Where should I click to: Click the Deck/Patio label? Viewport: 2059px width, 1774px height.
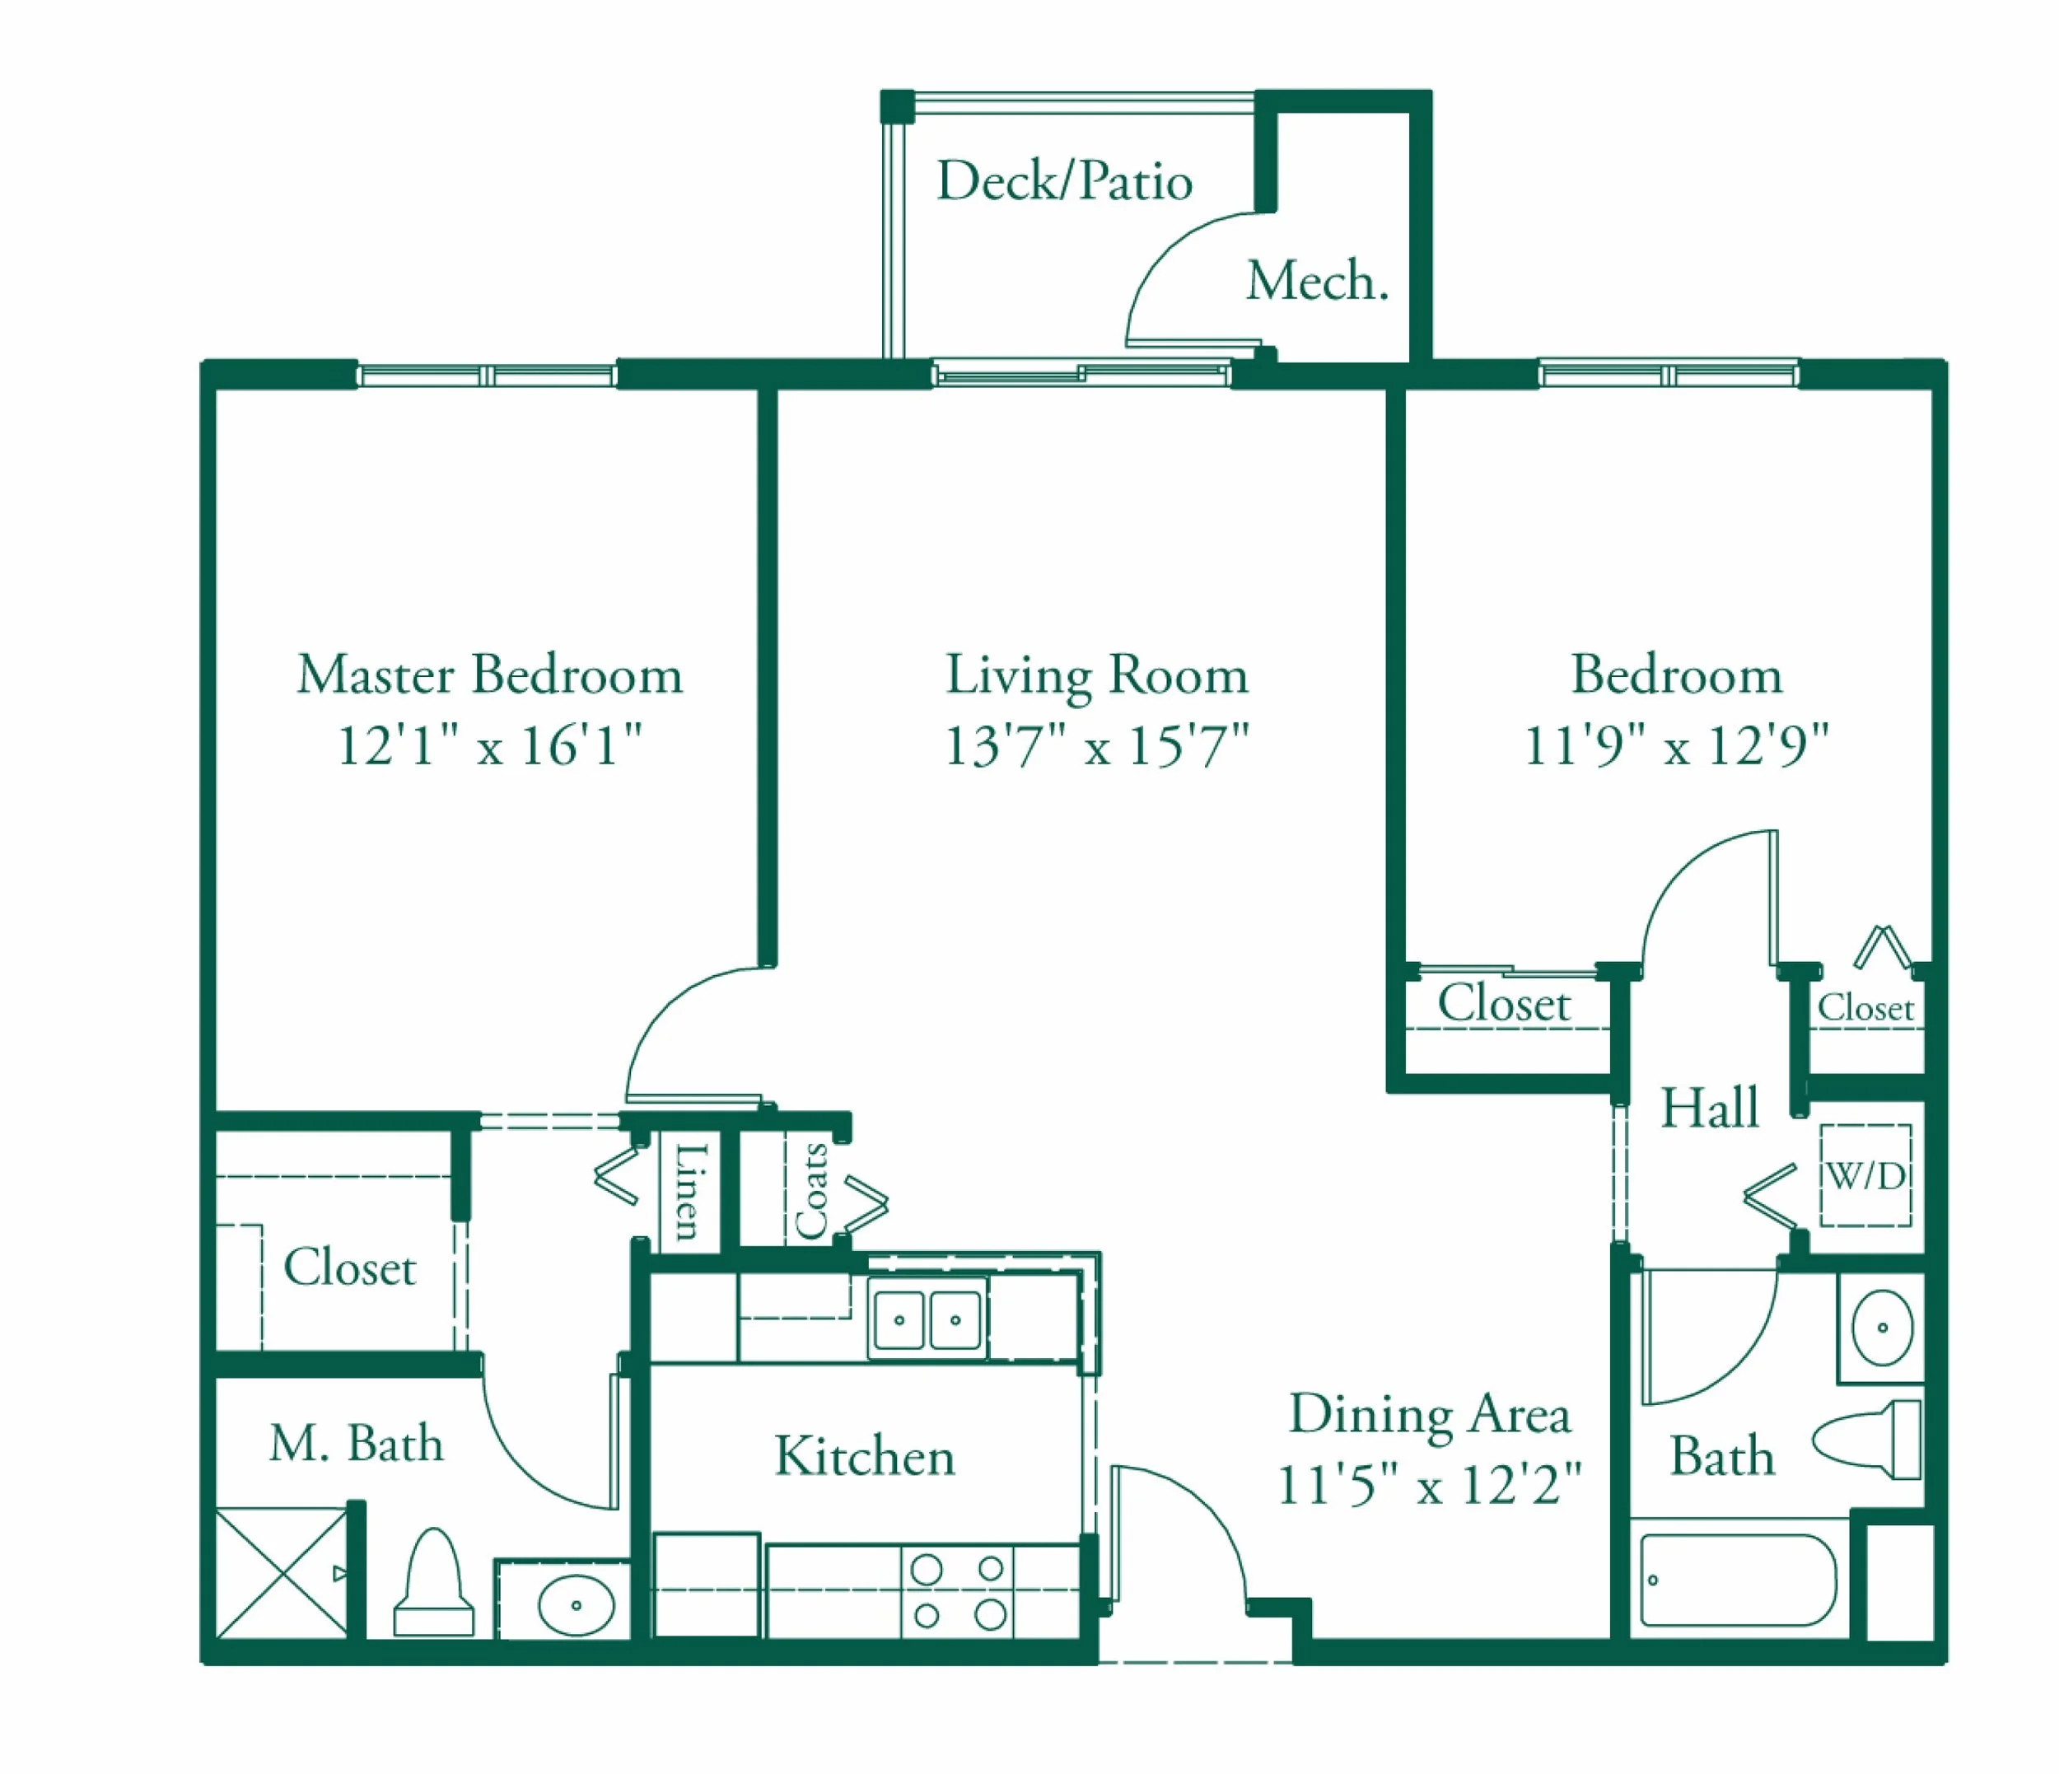(1064, 181)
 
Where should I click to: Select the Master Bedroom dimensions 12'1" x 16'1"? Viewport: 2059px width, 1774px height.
(490, 745)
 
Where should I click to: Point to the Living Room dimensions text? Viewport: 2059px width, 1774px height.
(1096, 745)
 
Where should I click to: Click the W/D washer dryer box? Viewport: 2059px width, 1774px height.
(1865, 1176)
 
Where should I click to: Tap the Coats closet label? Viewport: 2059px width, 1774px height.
(812, 1191)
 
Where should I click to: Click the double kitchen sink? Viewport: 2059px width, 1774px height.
(927, 1319)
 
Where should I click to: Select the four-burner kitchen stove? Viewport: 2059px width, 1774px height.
(957, 1592)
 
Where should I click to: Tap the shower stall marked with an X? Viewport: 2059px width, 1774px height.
(282, 1573)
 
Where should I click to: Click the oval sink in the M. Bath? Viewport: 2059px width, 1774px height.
(576, 1605)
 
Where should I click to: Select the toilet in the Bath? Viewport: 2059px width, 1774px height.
(1867, 1440)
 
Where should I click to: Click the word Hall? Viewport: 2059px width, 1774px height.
(1709, 1107)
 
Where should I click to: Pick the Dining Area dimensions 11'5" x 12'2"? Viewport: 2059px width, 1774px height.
(1429, 1486)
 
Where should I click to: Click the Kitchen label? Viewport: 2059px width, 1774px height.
(865, 1457)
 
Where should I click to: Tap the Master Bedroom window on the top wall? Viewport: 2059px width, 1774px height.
(487, 376)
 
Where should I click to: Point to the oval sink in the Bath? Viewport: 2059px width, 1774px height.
(1882, 1328)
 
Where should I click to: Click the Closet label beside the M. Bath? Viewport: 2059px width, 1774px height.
(350, 1267)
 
